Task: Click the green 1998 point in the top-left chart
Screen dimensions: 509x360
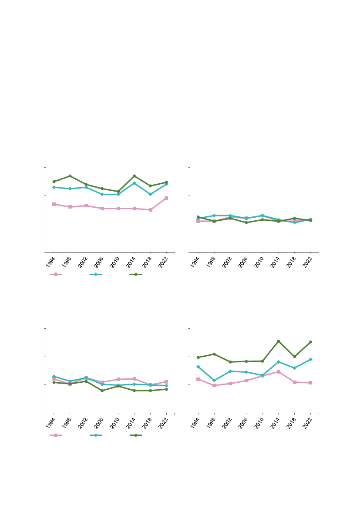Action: (x=70, y=176)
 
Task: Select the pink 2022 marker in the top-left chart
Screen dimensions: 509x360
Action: (x=166, y=198)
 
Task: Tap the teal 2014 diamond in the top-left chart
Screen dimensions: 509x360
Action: (x=134, y=183)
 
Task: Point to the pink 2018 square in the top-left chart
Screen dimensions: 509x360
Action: (x=150, y=210)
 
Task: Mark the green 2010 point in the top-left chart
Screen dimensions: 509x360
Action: (x=118, y=192)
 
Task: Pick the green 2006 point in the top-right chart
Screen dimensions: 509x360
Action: (x=246, y=222)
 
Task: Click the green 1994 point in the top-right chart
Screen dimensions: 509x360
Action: (x=198, y=217)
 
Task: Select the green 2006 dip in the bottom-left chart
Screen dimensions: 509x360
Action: (x=102, y=391)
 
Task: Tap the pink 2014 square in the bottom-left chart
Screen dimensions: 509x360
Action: (x=134, y=379)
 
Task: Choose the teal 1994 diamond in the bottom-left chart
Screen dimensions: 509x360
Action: (x=54, y=376)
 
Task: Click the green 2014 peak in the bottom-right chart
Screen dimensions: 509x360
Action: (x=278, y=341)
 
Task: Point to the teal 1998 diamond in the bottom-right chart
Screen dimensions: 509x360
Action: (x=214, y=381)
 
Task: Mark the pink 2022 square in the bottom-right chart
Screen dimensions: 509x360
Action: (x=310, y=383)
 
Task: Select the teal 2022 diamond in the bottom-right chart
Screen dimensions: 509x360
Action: (x=310, y=359)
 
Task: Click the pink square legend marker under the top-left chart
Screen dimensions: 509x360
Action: (x=56, y=274)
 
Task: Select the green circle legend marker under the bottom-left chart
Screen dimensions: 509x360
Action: (x=136, y=435)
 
